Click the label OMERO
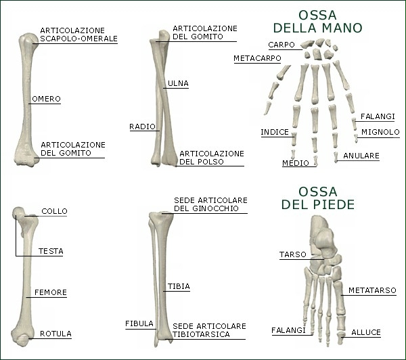click(x=46, y=99)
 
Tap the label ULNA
click(x=177, y=84)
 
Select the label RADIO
click(x=142, y=127)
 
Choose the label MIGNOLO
click(x=380, y=132)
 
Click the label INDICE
click(x=275, y=132)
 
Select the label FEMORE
click(x=51, y=293)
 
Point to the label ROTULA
click(x=55, y=334)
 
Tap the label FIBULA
click(x=139, y=324)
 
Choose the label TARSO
click(x=292, y=255)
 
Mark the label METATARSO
click(x=372, y=290)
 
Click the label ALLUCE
click(x=366, y=333)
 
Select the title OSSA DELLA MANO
click(x=317, y=22)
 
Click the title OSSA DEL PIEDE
click(x=317, y=197)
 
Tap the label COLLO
click(x=54, y=211)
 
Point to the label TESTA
click(x=51, y=251)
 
